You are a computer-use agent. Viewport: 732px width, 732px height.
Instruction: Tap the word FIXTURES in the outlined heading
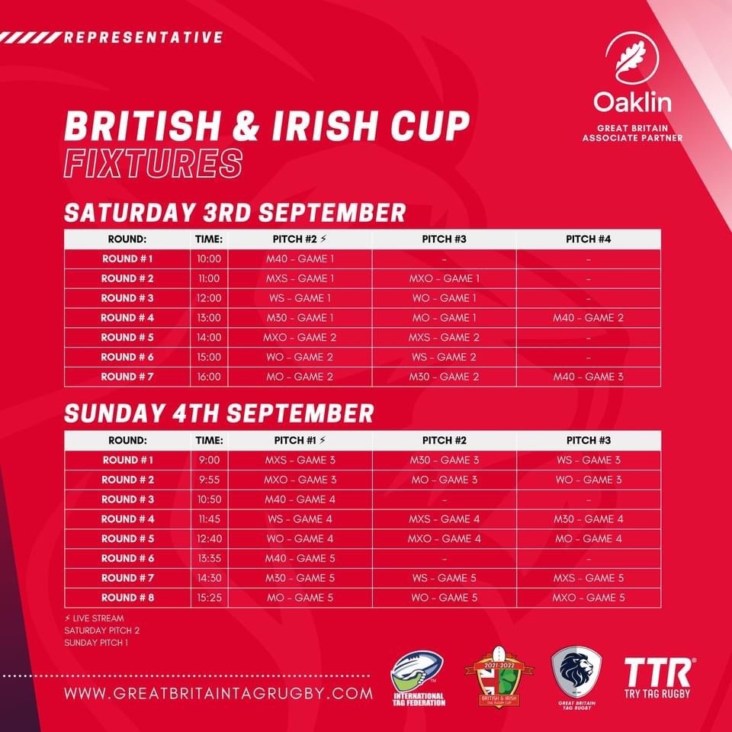[x=153, y=163]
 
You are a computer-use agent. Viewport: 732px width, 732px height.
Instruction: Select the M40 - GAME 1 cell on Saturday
[x=300, y=258]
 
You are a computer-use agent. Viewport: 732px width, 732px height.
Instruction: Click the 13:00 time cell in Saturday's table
[x=209, y=318]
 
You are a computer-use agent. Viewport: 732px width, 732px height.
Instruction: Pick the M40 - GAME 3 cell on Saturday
[x=588, y=377]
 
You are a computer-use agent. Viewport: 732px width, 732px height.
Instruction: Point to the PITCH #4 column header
[x=588, y=239]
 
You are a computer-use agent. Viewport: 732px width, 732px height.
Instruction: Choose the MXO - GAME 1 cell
[x=444, y=278]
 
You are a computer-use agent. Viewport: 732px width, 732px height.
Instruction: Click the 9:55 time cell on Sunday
[x=209, y=480]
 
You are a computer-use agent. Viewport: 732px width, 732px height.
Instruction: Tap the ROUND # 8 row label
[x=127, y=598]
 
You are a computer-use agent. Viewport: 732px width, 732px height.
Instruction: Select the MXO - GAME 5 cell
[x=588, y=598]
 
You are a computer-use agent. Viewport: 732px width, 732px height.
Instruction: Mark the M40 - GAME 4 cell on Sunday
[x=300, y=499]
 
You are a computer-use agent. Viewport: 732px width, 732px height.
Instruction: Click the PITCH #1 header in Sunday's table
[x=300, y=440]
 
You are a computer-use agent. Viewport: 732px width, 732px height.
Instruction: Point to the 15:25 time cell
[x=209, y=598]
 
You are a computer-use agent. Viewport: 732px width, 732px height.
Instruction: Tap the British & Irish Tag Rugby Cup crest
[x=499, y=677]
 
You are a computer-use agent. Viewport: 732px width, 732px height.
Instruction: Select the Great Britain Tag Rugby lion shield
[x=576, y=678]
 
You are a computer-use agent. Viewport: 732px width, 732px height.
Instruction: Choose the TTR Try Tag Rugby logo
[x=658, y=678]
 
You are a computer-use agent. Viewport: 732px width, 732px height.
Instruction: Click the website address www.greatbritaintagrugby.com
[x=219, y=693]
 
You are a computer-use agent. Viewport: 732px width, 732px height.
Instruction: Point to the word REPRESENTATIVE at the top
[x=143, y=37]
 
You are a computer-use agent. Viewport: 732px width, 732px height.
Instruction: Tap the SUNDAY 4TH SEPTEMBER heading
[x=219, y=413]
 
